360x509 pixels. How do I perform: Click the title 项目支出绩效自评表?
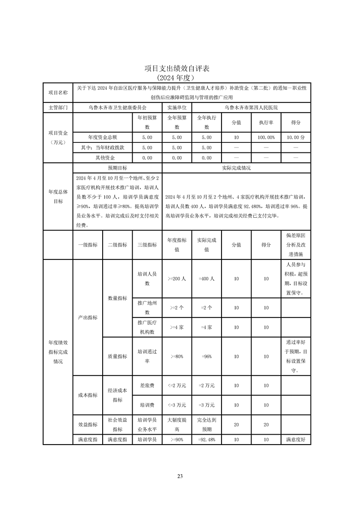point(180,68)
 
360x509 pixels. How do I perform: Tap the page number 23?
point(180,476)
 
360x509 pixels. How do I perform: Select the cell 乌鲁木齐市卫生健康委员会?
point(118,108)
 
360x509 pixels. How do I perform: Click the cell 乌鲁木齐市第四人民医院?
point(251,108)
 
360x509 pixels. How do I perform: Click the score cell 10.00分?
point(296,137)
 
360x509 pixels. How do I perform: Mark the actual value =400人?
point(207,279)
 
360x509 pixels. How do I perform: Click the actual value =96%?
point(207,357)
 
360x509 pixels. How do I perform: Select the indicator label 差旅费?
point(147,386)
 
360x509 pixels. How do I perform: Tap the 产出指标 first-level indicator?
point(88,318)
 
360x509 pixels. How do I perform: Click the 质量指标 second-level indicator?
point(117,357)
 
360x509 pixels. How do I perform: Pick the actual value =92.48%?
point(207,440)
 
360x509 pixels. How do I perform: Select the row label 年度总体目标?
point(58,196)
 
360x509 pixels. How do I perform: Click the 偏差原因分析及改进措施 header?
point(296,245)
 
